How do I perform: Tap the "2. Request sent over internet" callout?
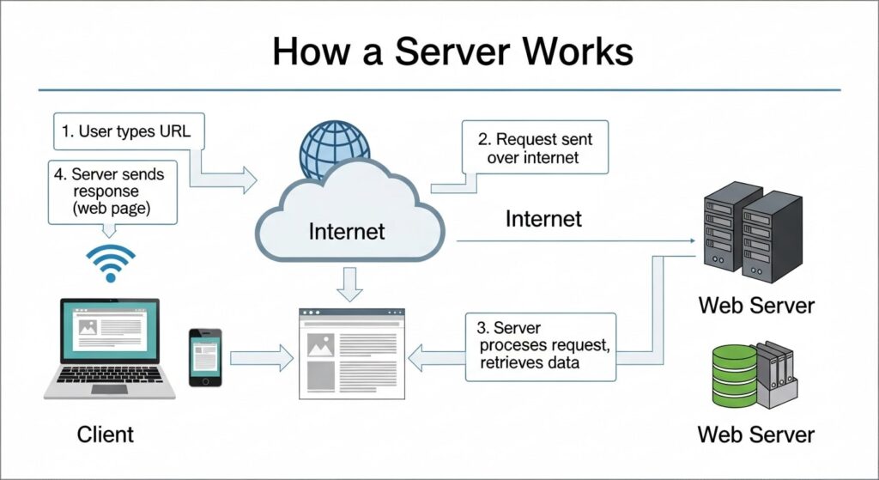click(x=534, y=148)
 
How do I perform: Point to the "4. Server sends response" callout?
click(x=112, y=191)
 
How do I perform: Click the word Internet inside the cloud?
click(x=347, y=231)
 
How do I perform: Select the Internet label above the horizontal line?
click(x=543, y=219)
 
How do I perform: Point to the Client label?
click(x=106, y=434)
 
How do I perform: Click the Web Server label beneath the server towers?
click(x=755, y=305)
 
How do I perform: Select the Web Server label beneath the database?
click(x=755, y=433)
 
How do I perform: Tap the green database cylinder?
click(x=736, y=375)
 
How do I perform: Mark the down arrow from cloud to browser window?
click(x=349, y=284)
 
